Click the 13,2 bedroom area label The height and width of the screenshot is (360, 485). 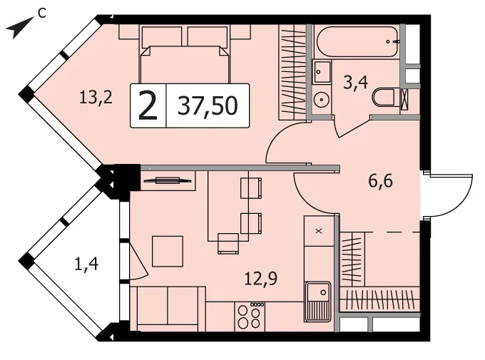pyautogui.click(x=96, y=97)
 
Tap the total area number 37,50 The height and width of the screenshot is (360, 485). pyautogui.click(x=208, y=106)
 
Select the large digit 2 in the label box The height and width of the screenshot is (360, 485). pyautogui.click(x=148, y=106)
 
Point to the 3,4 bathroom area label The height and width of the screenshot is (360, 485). pyautogui.click(x=355, y=83)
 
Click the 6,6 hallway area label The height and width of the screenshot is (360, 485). pyautogui.click(x=380, y=180)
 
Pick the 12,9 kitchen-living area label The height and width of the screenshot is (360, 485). pyautogui.click(x=261, y=279)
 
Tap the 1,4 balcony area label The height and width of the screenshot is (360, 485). pyautogui.click(x=86, y=264)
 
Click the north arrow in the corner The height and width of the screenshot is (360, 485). pyautogui.click(x=20, y=27)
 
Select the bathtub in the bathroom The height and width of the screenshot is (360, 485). pyautogui.click(x=357, y=41)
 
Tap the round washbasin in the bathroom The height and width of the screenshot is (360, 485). pyautogui.click(x=322, y=100)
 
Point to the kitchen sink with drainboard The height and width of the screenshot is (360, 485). pyautogui.click(x=317, y=302)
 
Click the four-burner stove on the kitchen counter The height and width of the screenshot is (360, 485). pyautogui.click(x=250, y=316)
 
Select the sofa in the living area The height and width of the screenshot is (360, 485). pyautogui.click(x=168, y=309)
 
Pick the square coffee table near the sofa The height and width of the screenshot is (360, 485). pyautogui.click(x=168, y=251)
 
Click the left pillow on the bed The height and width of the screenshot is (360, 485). pyautogui.click(x=161, y=36)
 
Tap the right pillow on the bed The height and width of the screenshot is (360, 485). pyautogui.click(x=208, y=36)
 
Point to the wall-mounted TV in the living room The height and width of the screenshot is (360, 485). pyautogui.click(x=168, y=180)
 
